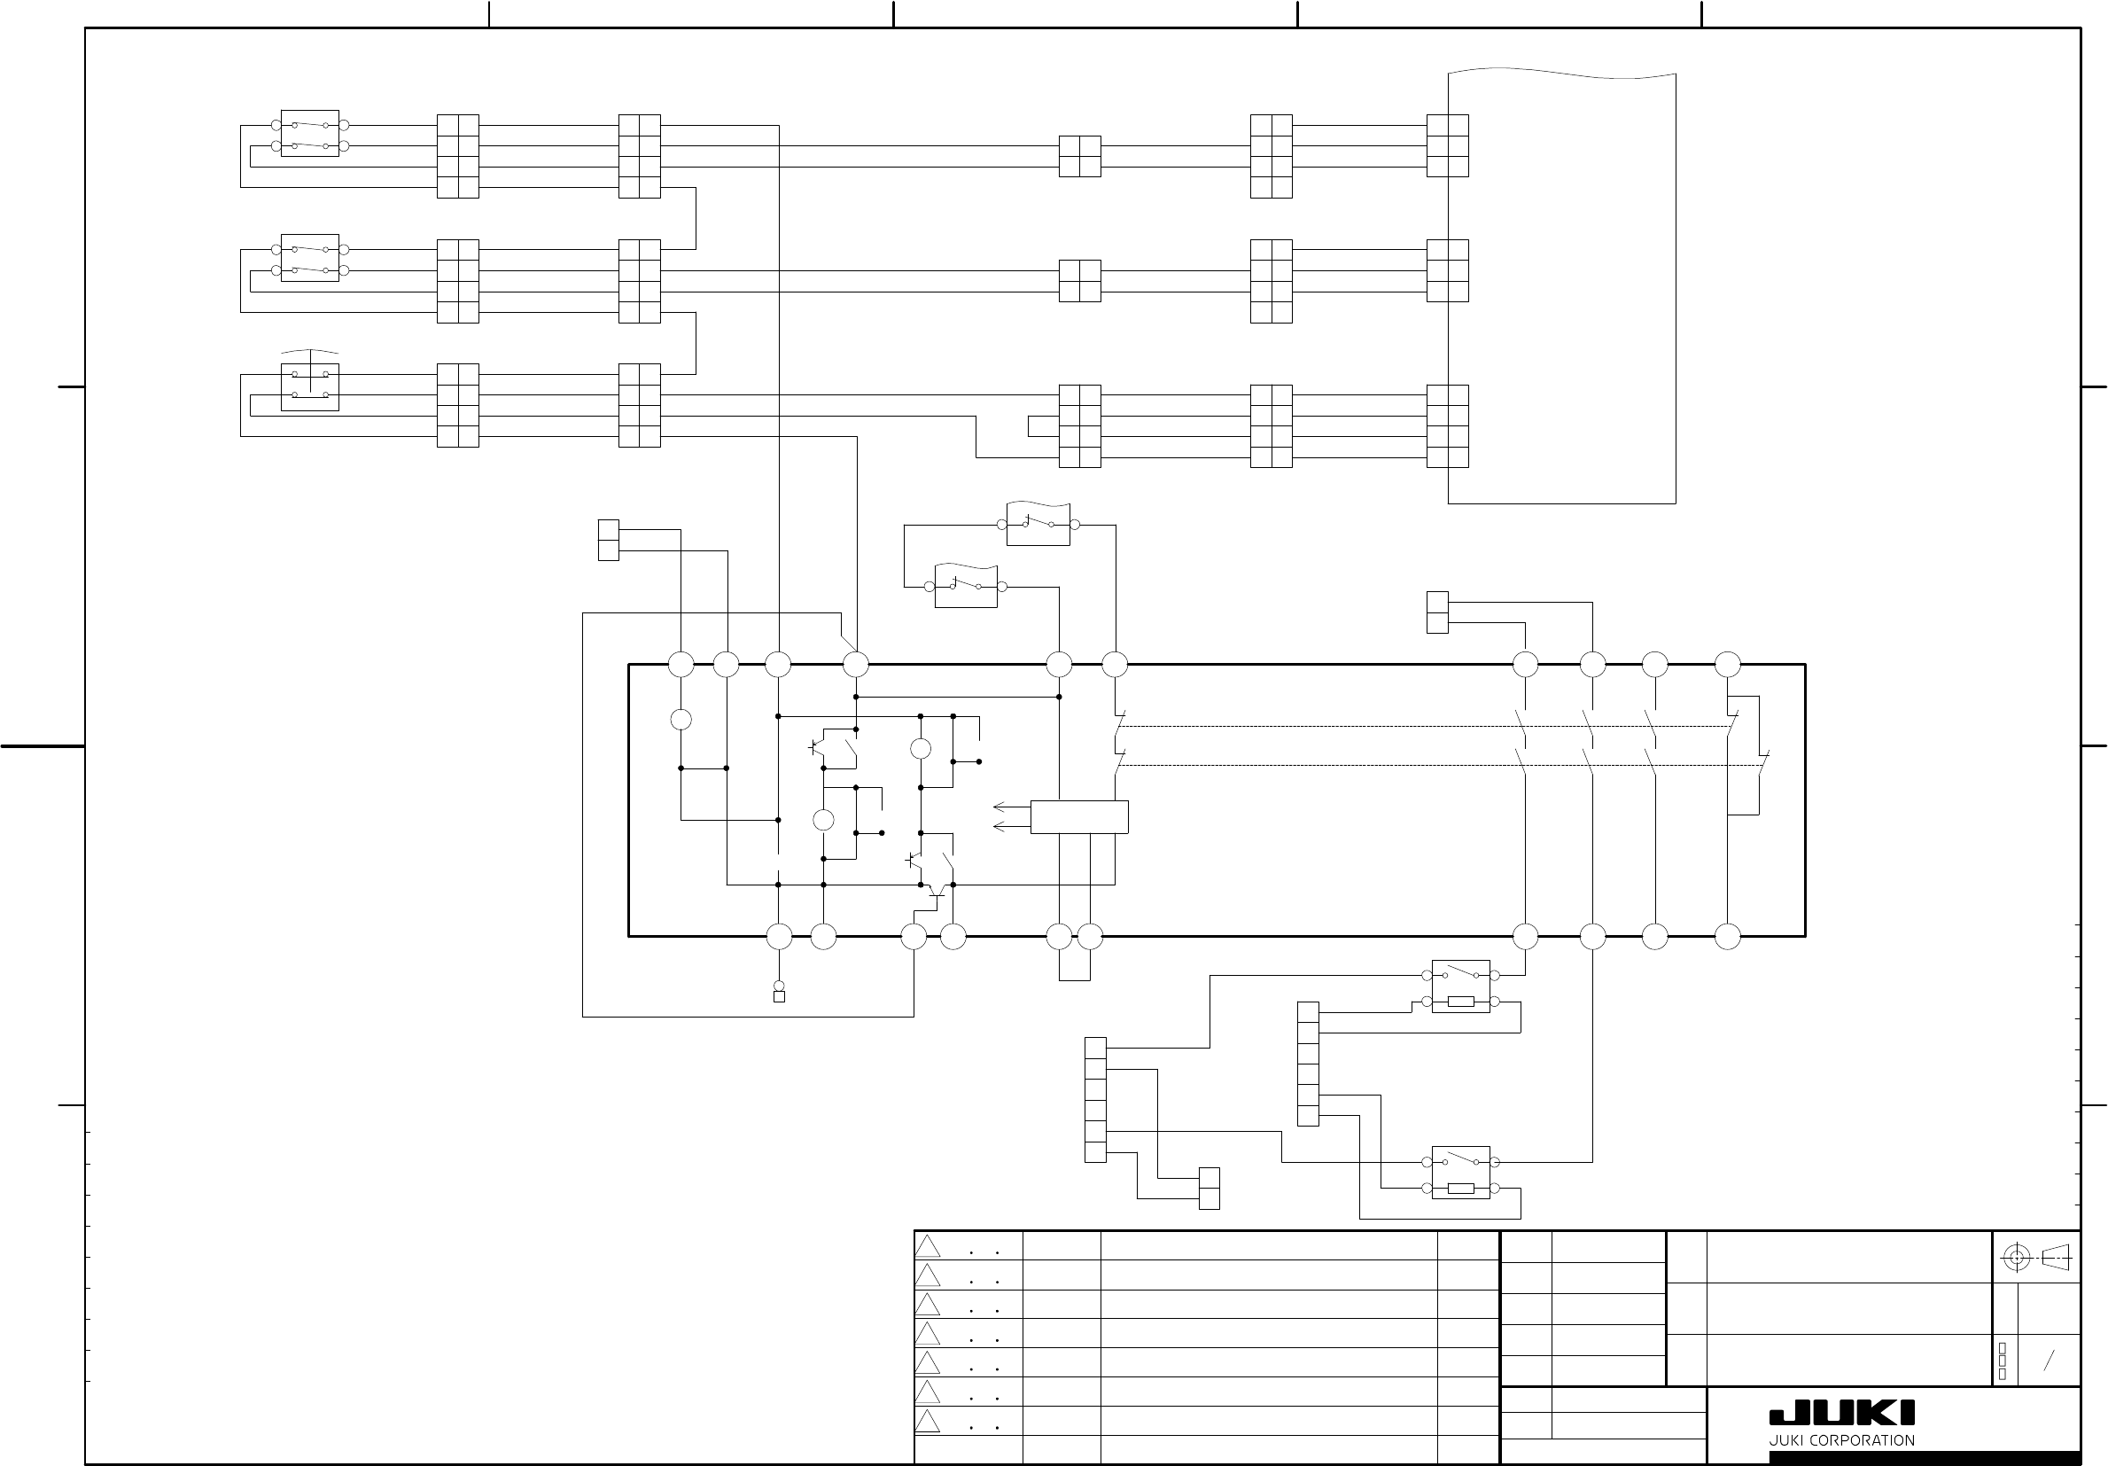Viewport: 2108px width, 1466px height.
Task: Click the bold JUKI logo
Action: [1842, 1413]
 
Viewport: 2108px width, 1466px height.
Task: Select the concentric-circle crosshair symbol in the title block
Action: [2016, 1258]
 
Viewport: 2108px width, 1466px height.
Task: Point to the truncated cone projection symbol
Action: [2055, 1258]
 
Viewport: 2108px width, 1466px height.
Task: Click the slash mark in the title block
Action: [2049, 1361]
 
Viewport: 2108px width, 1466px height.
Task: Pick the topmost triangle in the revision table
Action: [928, 1246]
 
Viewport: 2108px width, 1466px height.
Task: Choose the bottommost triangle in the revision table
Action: [928, 1422]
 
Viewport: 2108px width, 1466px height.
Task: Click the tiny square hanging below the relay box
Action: [780, 996]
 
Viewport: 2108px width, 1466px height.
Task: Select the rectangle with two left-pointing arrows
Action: [1078, 816]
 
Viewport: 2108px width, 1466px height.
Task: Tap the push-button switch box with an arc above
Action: [309, 386]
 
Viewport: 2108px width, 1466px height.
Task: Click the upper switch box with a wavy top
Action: [1038, 525]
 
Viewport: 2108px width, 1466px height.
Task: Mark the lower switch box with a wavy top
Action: [966, 586]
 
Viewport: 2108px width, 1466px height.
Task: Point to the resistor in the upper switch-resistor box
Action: [1461, 1002]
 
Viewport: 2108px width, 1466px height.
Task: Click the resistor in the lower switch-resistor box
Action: [1461, 1189]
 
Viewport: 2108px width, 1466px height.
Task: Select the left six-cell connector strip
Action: [1095, 1099]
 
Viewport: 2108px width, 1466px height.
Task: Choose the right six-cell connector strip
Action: [1309, 1064]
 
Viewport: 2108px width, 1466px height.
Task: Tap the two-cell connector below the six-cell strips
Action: [1210, 1189]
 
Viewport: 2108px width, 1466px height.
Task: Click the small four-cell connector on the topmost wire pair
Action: [1080, 156]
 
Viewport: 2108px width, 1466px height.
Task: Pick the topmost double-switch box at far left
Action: [309, 134]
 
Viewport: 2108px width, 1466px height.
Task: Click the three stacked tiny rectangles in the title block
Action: [2003, 1361]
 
